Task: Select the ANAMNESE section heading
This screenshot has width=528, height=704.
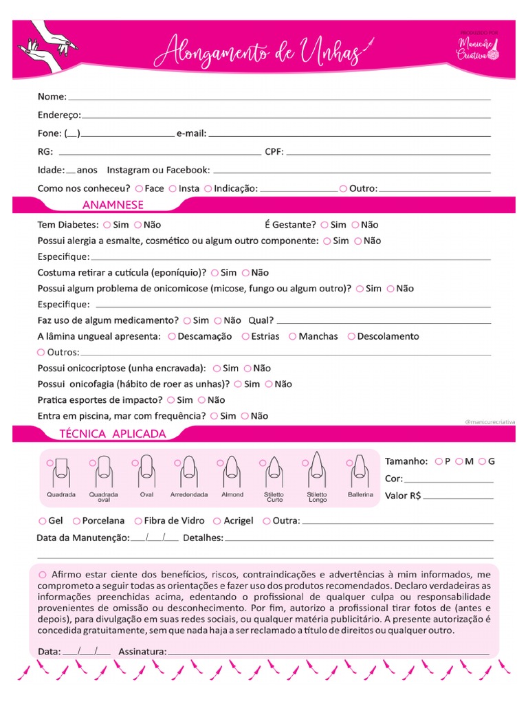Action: point(113,205)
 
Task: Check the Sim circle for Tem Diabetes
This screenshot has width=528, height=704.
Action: point(107,225)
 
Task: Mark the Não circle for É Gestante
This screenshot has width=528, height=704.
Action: point(355,225)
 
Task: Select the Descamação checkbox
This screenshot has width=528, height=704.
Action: point(171,337)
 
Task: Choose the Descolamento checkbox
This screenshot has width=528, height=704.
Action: point(352,337)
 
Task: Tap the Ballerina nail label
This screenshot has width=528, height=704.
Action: point(360,495)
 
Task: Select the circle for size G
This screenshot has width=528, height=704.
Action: point(482,461)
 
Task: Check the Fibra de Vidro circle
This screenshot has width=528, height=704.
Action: point(138,521)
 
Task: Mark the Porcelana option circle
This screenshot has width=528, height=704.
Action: point(76,521)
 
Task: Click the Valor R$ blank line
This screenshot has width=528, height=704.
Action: point(462,497)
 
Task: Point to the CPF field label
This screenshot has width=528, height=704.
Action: point(274,152)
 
